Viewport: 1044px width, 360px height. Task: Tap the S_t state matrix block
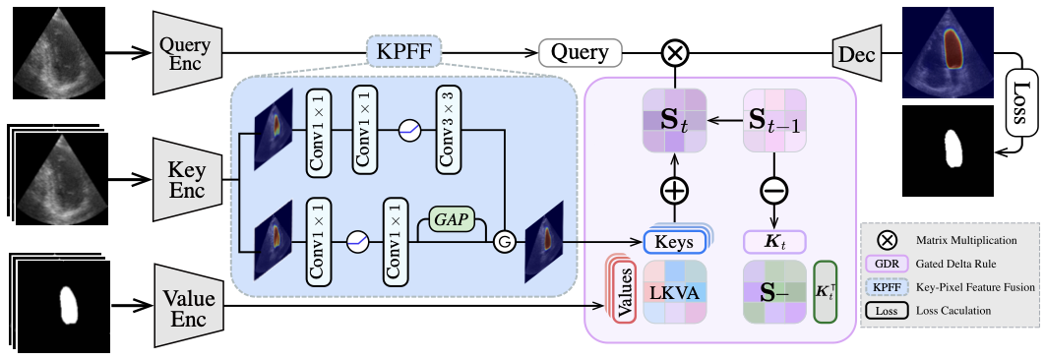[x=675, y=122]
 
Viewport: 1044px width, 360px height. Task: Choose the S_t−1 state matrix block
[x=773, y=122]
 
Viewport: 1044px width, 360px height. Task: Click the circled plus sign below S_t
[x=675, y=190]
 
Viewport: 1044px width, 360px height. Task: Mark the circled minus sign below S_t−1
[x=773, y=190]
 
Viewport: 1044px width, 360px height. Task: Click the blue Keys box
[x=675, y=242]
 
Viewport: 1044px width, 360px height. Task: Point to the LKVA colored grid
[x=675, y=292]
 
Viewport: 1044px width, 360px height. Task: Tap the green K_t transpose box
[x=825, y=292]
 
